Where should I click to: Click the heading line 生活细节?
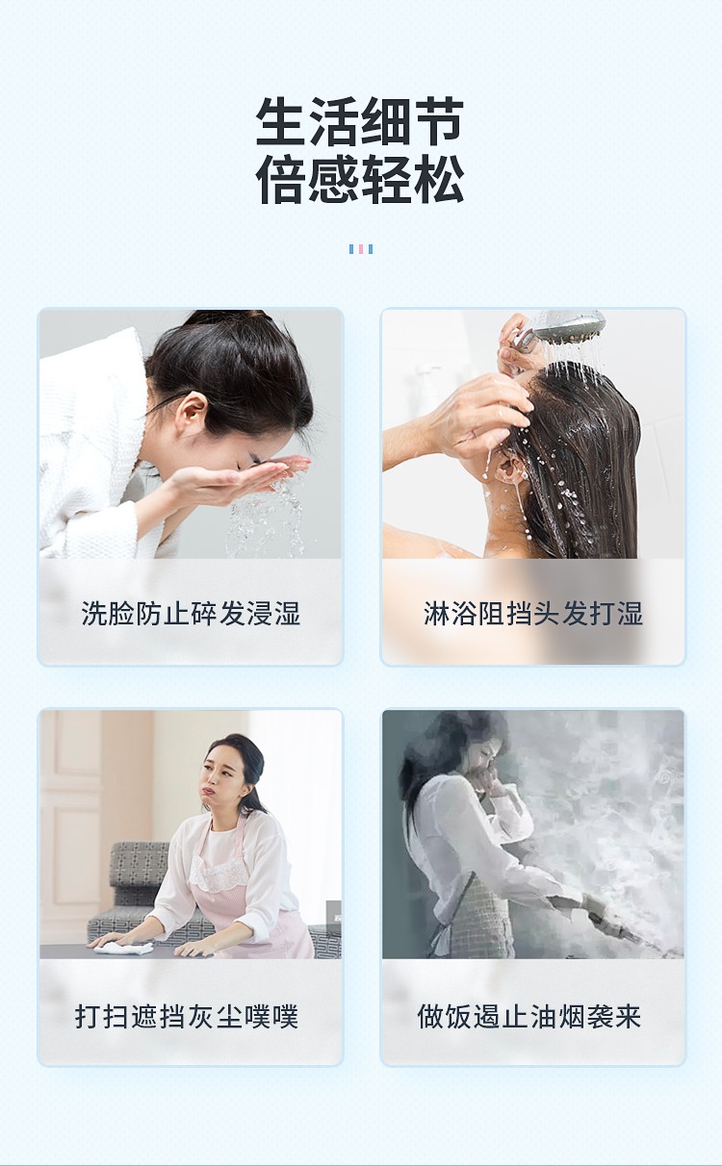360,121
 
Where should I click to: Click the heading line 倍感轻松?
360,179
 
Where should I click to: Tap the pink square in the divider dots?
360,249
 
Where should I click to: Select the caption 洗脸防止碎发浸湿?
191,613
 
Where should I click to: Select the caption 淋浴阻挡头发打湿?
533,613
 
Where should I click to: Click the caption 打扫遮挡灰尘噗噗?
187,1016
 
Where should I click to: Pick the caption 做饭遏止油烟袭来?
529,1016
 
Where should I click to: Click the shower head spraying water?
568,326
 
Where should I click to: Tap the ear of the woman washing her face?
191,410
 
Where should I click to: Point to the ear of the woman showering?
508,468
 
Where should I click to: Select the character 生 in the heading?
281,121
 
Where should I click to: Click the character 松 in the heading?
439,179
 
